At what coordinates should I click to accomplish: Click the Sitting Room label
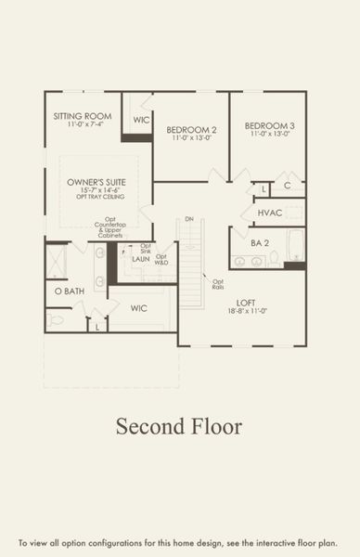(83, 116)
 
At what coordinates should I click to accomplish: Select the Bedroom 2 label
(191, 129)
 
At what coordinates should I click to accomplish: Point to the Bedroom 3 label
(270, 125)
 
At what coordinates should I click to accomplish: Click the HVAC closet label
(269, 213)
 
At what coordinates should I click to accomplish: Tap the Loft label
(245, 303)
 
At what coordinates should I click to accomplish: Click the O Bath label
(70, 291)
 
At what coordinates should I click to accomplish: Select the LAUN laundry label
(140, 260)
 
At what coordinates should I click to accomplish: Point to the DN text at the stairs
(188, 219)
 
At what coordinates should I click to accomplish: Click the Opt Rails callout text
(218, 284)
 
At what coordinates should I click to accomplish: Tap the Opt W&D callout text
(161, 259)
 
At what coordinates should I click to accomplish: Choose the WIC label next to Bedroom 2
(141, 120)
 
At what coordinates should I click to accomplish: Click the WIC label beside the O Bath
(139, 307)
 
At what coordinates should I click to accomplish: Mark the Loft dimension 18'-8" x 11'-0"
(245, 313)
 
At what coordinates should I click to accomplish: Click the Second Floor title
(179, 426)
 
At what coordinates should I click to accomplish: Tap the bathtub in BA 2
(295, 245)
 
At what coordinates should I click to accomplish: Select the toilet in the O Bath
(57, 319)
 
